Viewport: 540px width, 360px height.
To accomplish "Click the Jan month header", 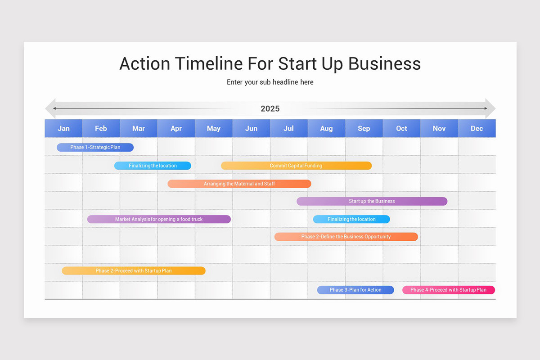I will tap(63, 128).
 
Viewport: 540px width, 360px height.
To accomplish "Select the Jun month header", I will tap(251, 128).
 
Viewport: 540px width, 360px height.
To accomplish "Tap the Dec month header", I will tap(477, 128).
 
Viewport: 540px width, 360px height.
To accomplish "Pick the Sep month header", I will tap(364, 128).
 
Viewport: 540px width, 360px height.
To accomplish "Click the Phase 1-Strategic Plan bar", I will tap(95, 148).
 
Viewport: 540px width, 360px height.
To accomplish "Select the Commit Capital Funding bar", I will tap(296, 166).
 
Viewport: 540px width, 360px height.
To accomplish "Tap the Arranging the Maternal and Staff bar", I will tap(239, 184).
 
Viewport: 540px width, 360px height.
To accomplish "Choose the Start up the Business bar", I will tap(372, 201).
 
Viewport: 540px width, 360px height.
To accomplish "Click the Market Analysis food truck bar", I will tap(159, 219).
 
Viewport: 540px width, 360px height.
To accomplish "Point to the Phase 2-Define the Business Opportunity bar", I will tap(346, 237).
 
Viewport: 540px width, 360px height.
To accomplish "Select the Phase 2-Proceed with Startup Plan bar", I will tap(134, 270).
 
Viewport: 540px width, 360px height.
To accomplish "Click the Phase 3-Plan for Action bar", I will tap(355, 290).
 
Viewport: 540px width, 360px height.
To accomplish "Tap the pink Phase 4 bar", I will tap(448, 290).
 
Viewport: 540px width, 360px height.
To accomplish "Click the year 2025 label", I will tap(270, 108).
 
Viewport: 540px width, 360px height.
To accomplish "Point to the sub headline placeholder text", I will tap(270, 82).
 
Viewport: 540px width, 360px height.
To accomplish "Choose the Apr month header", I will tap(176, 128).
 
